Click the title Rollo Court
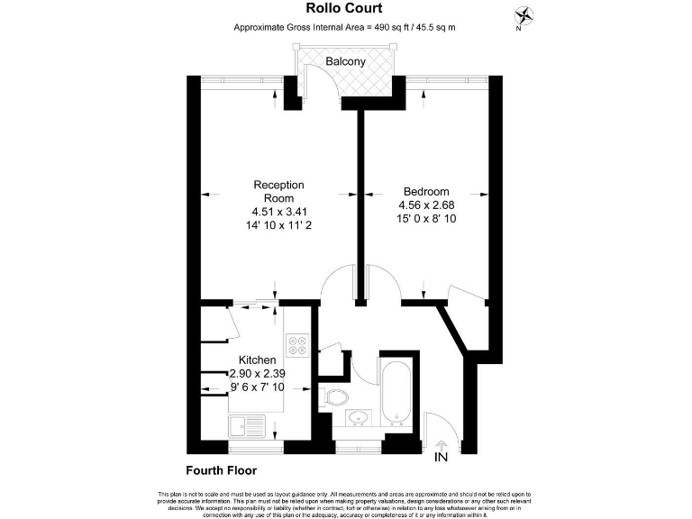click(345, 9)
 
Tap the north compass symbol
click(524, 15)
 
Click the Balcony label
click(346, 62)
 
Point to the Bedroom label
click(425, 191)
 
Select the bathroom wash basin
click(358, 416)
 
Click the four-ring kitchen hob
click(297, 345)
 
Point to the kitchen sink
click(247, 425)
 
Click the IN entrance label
click(442, 458)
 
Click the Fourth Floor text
click(222, 470)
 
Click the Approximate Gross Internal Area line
click(345, 28)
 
